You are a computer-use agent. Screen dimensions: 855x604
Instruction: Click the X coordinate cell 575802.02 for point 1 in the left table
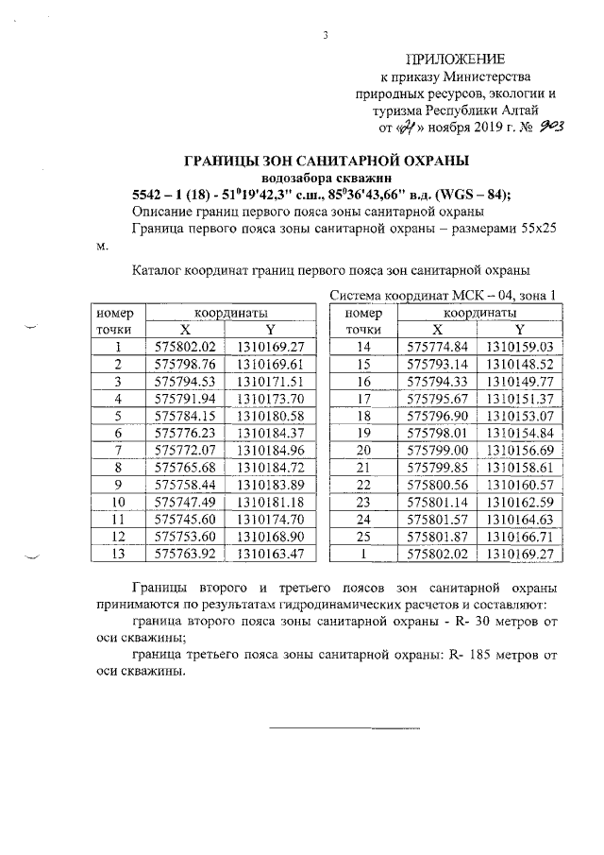pyautogui.click(x=185, y=347)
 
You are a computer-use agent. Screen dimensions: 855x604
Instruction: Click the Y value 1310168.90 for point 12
pyautogui.click(x=269, y=534)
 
